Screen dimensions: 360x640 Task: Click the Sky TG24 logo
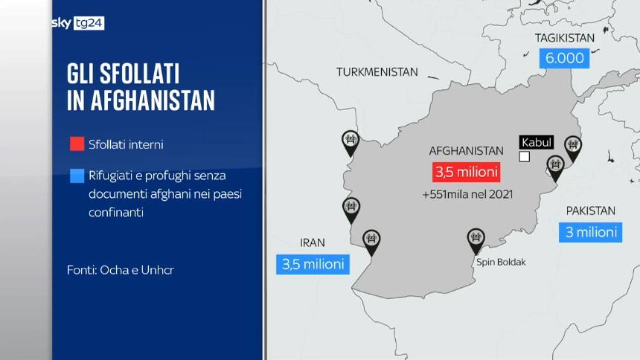coord(77,23)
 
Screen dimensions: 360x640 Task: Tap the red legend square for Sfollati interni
coord(77,144)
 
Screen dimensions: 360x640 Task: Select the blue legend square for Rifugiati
coord(77,177)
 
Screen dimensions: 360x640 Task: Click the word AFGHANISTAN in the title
coord(141,100)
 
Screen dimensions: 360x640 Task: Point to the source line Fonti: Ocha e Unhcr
coord(121,270)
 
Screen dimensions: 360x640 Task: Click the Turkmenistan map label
coord(377,72)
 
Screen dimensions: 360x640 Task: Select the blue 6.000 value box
coord(563,58)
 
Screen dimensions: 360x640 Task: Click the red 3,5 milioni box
coord(466,172)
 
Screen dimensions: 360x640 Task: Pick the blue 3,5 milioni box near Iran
coord(313,264)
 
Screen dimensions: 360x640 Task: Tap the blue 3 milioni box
coord(590,232)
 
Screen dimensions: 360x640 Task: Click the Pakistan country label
coord(590,210)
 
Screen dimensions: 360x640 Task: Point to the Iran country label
coord(313,242)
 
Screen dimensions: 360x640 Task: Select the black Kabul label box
coord(537,142)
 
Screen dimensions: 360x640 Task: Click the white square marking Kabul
coord(525,156)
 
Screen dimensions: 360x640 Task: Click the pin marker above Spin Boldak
coord(476,240)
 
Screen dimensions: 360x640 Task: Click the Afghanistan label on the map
coord(467,150)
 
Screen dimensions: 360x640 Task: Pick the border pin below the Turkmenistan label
coord(351,140)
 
